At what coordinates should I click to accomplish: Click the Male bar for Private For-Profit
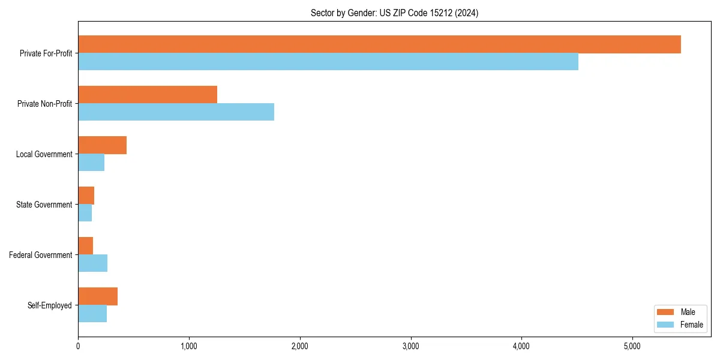click(379, 44)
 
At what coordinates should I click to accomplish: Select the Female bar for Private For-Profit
click(328, 62)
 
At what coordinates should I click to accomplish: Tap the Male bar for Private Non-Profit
click(148, 95)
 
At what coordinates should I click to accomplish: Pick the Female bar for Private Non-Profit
click(176, 112)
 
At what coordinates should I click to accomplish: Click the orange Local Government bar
click(102, 145)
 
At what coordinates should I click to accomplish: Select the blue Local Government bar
click(91, 163)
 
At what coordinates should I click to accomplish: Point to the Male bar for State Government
click(86, 196)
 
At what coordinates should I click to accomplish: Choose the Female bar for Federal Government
click(92, 263)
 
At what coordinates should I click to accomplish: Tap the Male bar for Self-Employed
click(98, 296)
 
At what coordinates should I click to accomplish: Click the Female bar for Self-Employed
click(92, 314)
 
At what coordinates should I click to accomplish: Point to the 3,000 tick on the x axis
click(410, 346)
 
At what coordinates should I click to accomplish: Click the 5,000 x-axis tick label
click(632, 346)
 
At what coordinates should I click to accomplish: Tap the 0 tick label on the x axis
click(78, 346)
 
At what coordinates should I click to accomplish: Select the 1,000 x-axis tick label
click(189, 346)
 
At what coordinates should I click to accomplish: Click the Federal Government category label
click(40, 255)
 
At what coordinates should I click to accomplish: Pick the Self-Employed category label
click(50, 305)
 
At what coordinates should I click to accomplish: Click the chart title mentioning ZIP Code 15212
click(394, 13)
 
